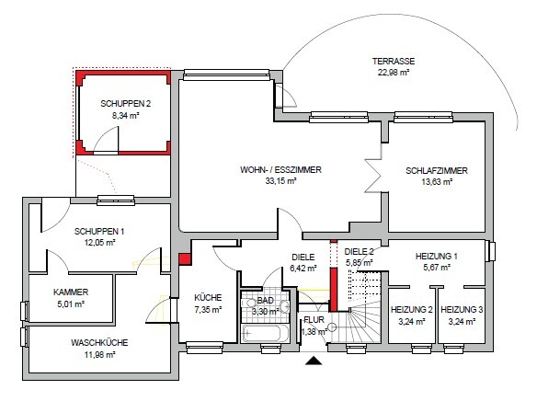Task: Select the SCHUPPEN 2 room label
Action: [125, 104]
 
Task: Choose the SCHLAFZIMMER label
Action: [437, 170]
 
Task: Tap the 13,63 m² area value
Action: [437, 181]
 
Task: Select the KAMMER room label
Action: [71, 292]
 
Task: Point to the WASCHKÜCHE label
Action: [98, 343]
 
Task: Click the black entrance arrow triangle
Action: [315, 361]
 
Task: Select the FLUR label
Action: [314, 321]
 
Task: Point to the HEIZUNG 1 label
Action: [437, 257]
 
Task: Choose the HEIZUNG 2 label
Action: [411, 310]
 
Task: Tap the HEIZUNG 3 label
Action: [461, 310]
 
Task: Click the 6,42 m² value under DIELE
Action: [303, 269]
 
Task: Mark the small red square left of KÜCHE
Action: [185, 259]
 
